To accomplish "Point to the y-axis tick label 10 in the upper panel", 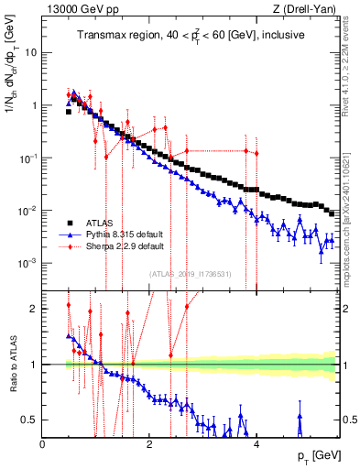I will pos(31,52).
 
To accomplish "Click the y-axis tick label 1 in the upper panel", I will pos(35,105).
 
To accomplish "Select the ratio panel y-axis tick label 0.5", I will pos(30,420).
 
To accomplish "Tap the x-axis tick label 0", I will pos(43,444).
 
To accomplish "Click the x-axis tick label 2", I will pos(149,444).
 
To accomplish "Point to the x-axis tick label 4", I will pos(256,444).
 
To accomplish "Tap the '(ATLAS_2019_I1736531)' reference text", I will pos(190,274).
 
